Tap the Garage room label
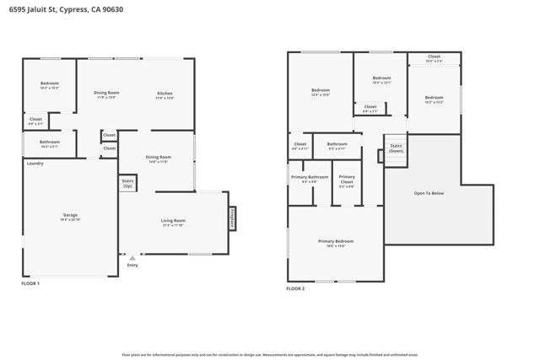pos(70,215)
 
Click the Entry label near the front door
pos(132,266)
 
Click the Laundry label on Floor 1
pos(35,163)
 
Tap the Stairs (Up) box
pos(128,182)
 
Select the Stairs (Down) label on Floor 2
pos(396,148)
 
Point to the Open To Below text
pos(428,193)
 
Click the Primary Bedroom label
pos(335,241)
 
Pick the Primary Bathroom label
pos(304,177)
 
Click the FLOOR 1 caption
pos(30,284)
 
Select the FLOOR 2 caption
pos(295,288)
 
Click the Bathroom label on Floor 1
pos(49,142)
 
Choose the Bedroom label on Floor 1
pos(49,83)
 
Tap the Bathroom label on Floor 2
pos(337,143)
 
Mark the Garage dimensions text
pos(70,220)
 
